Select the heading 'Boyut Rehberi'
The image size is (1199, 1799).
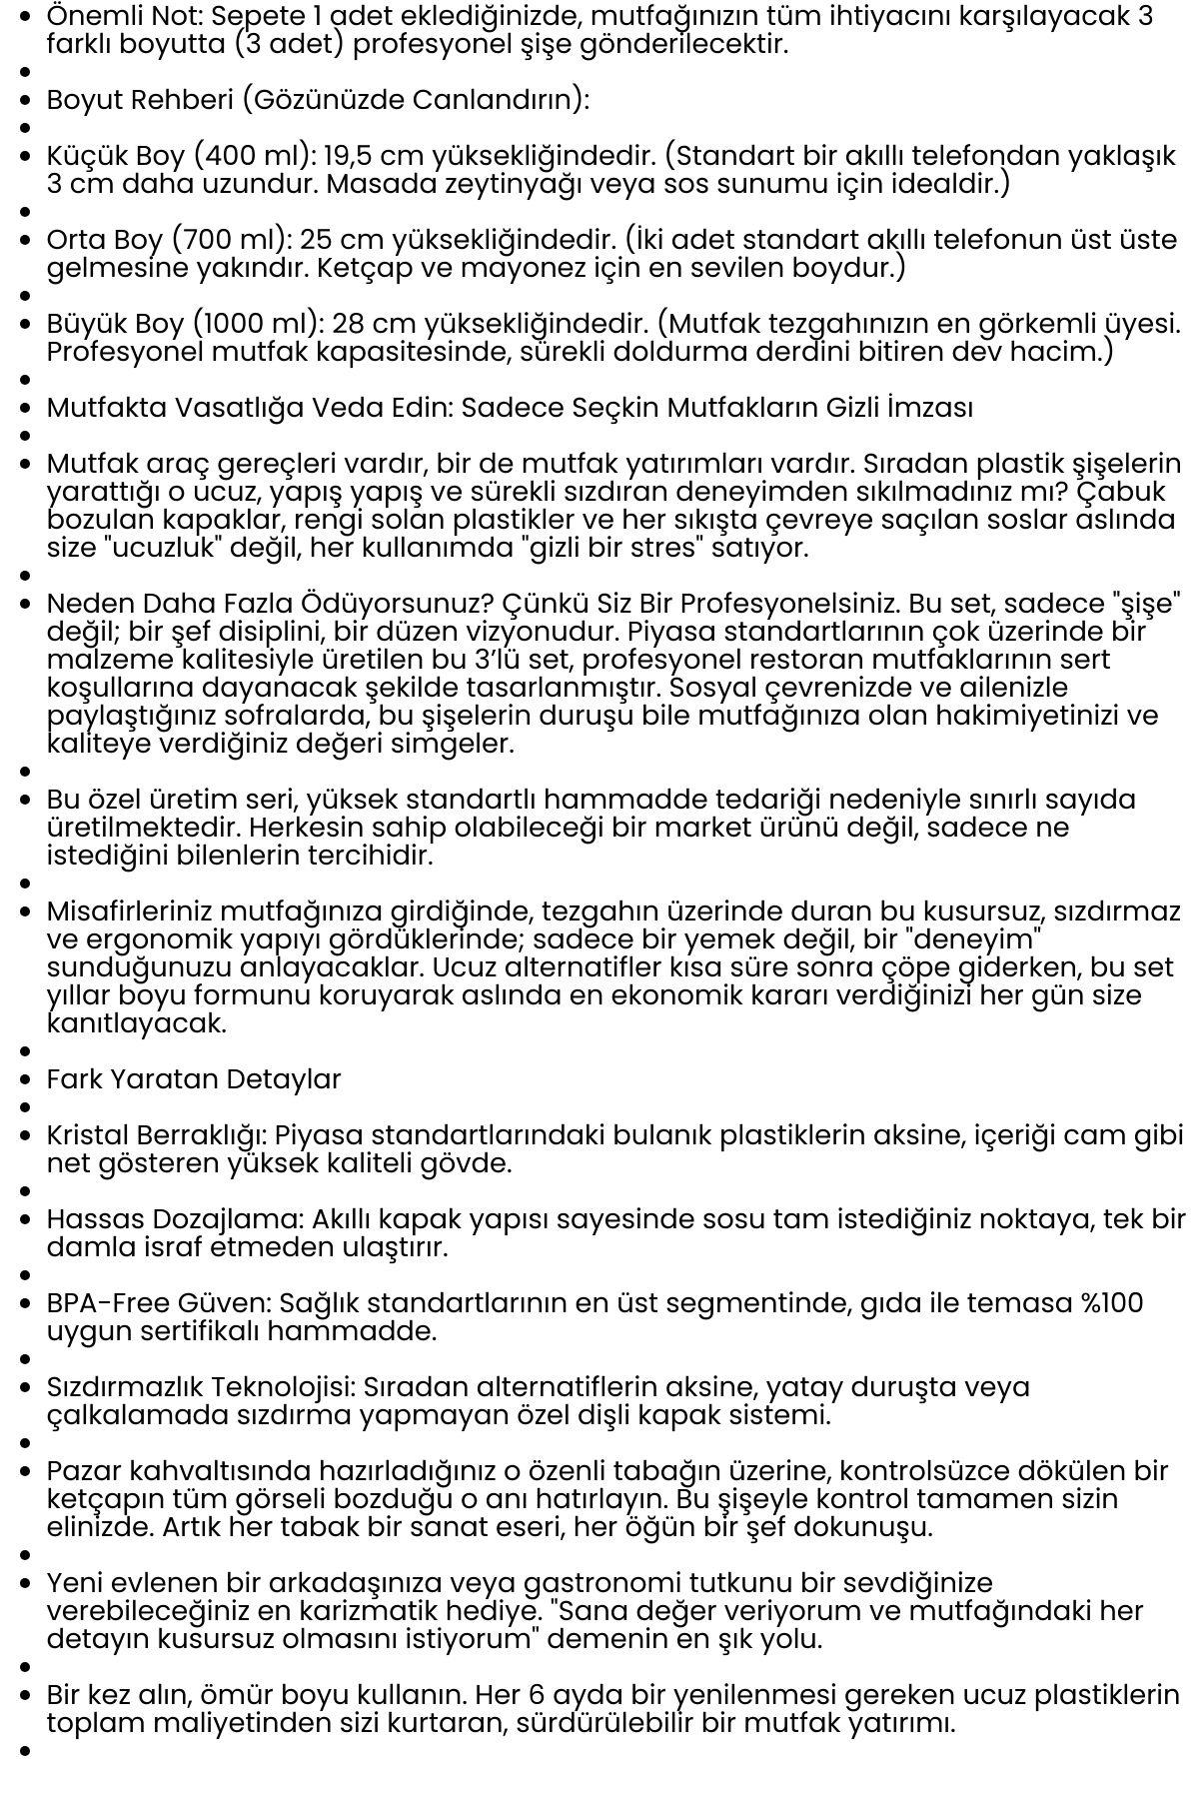pos(140,100)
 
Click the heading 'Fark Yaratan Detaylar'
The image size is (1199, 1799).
pos(194,1079)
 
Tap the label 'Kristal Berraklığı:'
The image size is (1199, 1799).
pos(156,1135)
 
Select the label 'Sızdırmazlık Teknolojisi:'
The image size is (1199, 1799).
pos(200,1387)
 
